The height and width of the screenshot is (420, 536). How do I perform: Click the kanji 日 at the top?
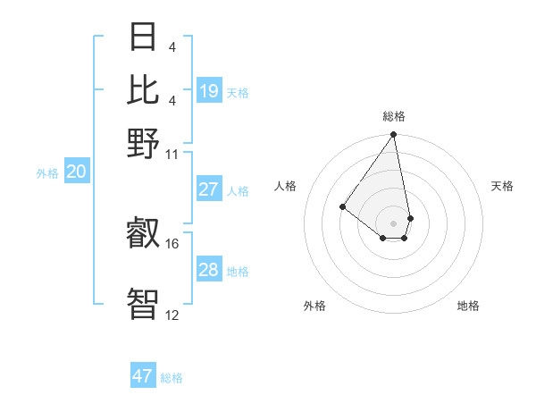coord(143,38)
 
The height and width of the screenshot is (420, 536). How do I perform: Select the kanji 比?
coord(143,89)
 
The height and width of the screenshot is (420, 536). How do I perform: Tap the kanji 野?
coord(143,142)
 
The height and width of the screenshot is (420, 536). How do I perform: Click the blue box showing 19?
coord(209,91)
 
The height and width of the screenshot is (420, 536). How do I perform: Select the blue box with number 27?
coord(209,189)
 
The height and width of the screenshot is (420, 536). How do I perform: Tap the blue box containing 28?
coord(209,270)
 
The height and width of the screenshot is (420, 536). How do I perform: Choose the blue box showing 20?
coord(76,172)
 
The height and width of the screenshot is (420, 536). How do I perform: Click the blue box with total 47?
coord(143,376)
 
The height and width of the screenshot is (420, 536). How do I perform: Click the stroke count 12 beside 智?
coord(172,315)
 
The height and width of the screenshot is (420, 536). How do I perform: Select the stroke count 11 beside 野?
coord(172,154)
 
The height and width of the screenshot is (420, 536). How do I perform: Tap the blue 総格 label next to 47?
coord(172,378)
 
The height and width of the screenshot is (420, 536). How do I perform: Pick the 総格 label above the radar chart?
coord(394,116)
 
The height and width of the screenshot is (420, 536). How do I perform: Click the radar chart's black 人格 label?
coord(286,186)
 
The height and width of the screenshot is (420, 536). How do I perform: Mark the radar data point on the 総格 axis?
coord(393,135)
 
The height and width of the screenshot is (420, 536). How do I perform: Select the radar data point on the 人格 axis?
coord(342,206)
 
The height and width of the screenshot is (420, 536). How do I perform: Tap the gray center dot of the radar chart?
coord(393,223)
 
